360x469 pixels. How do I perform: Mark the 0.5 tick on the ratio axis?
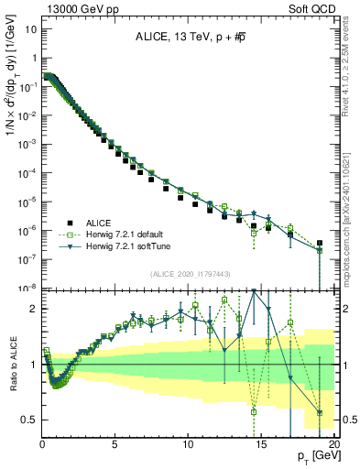pyautogui.click(x=29, y=420)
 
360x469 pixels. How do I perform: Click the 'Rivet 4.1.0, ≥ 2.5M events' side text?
pyautogui.click(x=352, y=73)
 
